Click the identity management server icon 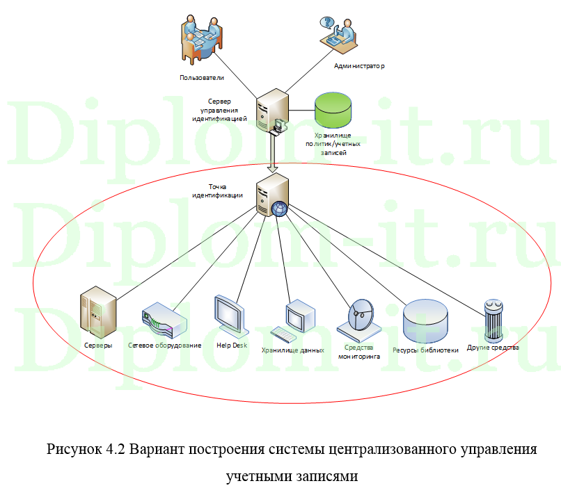(272, 111)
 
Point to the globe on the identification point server (280, 209)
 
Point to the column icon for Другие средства (493, 319)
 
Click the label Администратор (360, 65)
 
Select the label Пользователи (201, 77)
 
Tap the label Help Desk (232, 345)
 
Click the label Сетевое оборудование (165, 345)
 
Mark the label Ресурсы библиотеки (425, 350)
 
